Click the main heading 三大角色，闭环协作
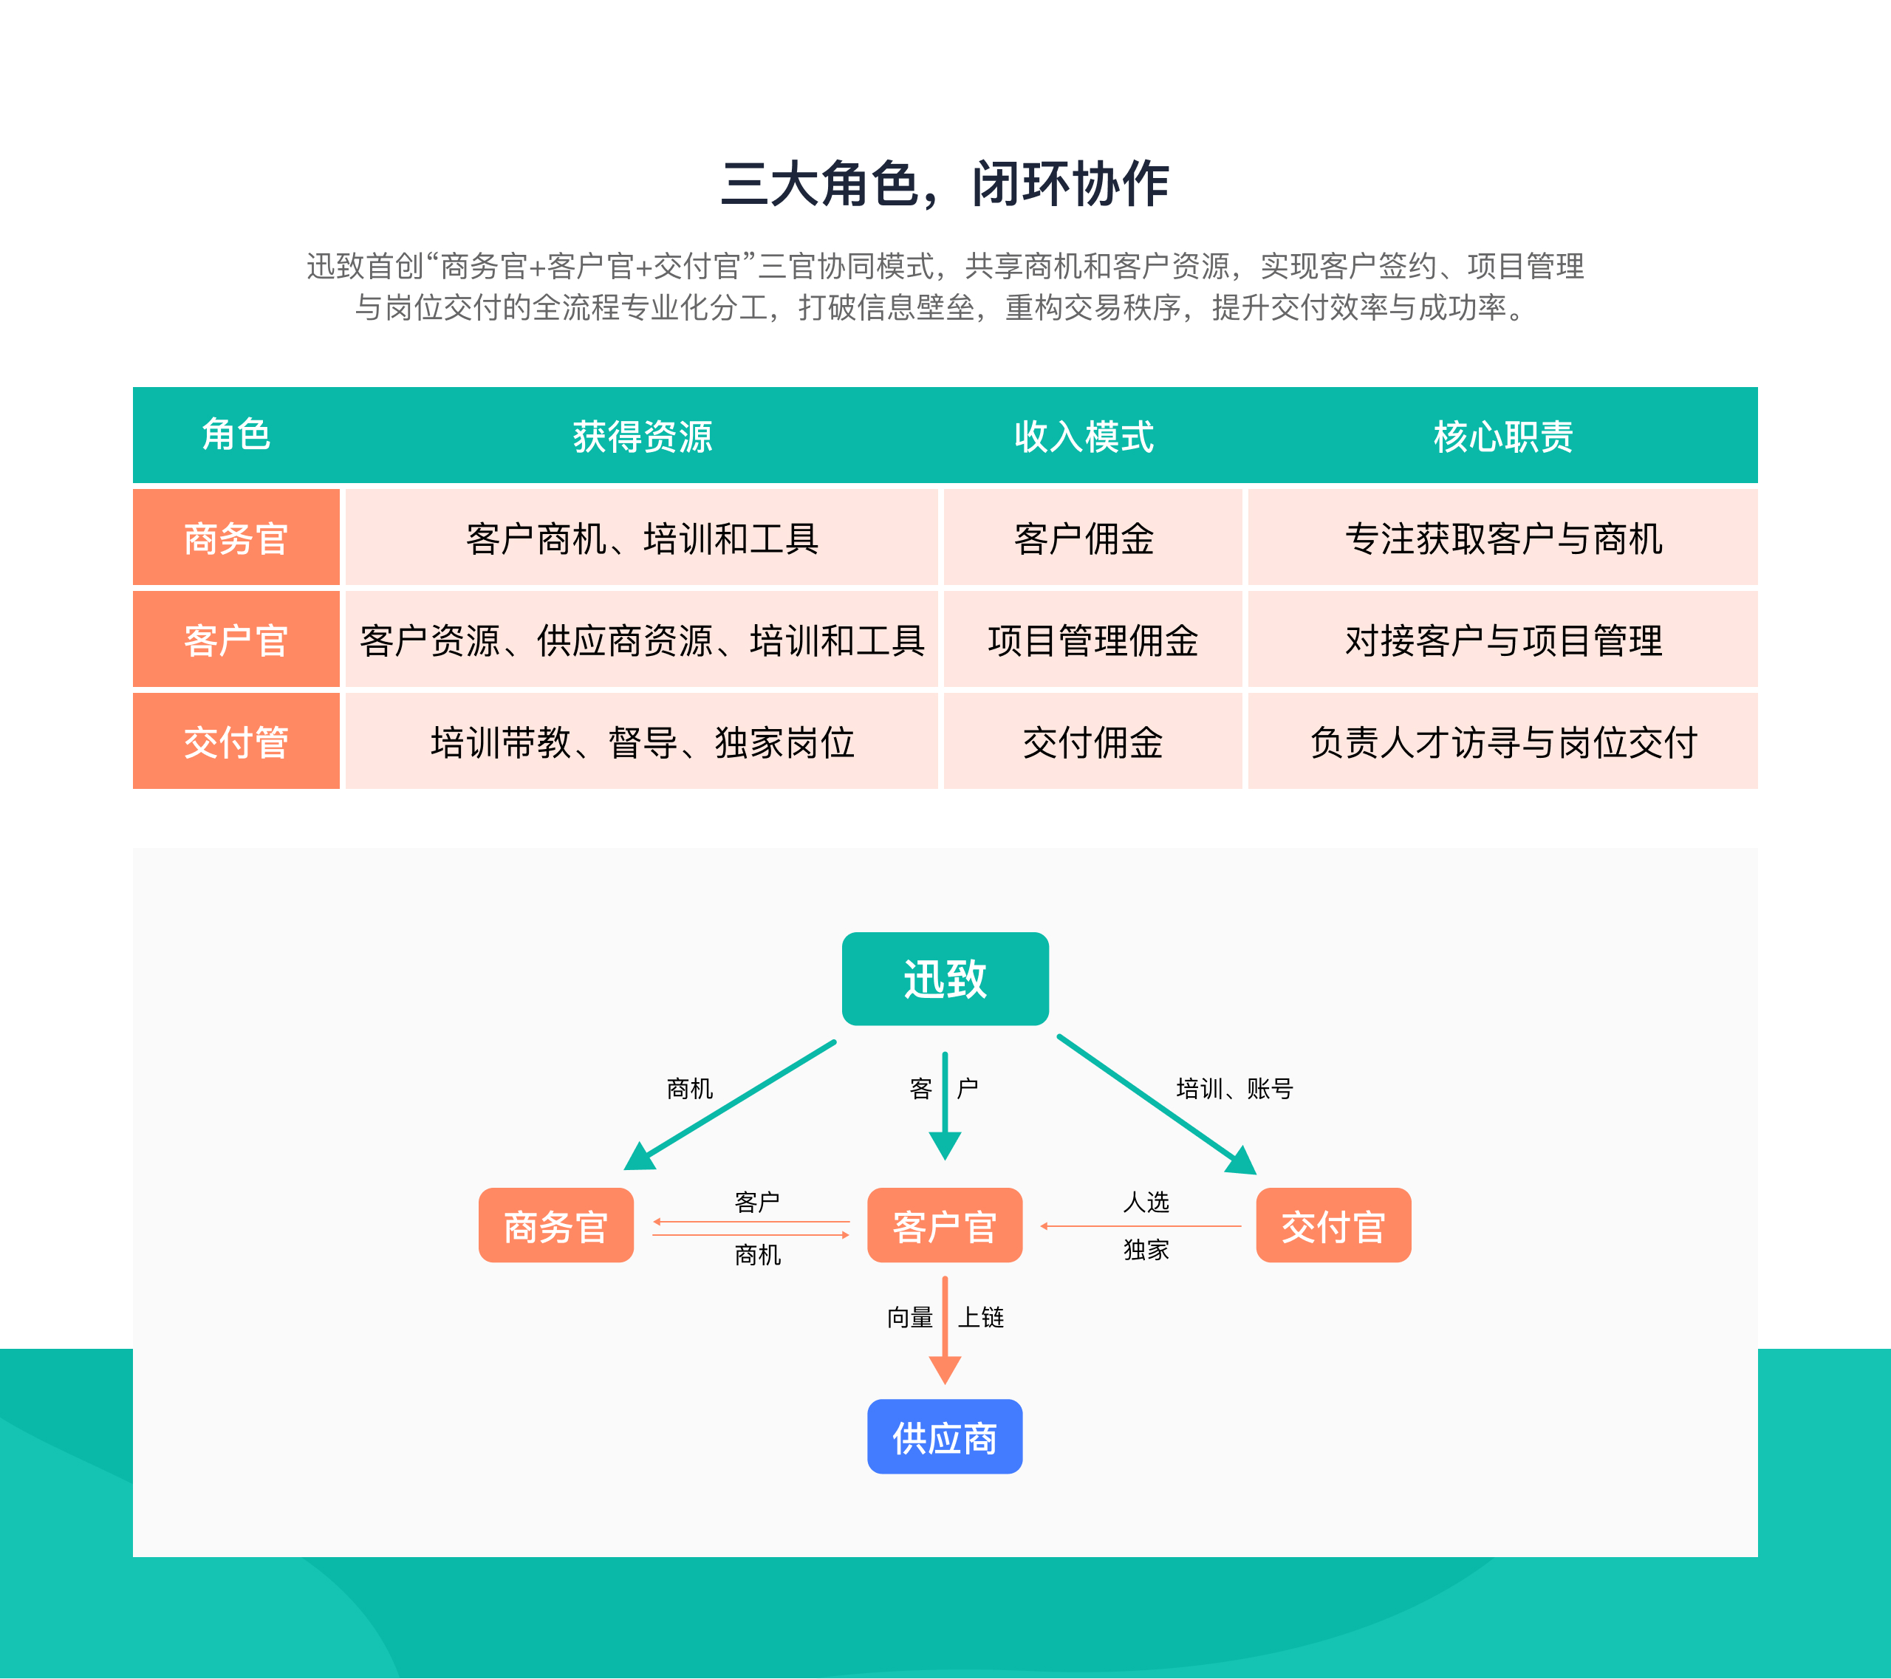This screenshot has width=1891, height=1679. (x=945, y=183)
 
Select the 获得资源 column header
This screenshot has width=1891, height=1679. (x=642, y=436)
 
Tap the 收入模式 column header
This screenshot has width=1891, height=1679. (x=1084, y=436)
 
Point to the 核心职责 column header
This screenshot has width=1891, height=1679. (x=1502, y=436)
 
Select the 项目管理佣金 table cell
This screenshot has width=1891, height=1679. (x=1092, y=640)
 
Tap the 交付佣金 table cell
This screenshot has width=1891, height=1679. (x=1092, y=742)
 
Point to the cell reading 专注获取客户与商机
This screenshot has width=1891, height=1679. (x=1502, y=538)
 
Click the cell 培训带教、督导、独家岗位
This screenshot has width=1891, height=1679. (x=642, y=742)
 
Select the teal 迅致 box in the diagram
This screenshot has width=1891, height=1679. (x=945, y=979)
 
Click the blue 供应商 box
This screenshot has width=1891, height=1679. (x=945, y=1437)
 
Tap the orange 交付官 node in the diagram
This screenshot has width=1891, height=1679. (x=1333, y=1225)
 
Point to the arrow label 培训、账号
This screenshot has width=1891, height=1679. (x=1234, y=1088)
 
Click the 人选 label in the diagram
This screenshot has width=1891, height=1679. (x=1146, y=1202)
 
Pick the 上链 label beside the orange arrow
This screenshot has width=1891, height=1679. (x=981, y=1316)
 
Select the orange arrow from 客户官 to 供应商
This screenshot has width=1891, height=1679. (x=945, y=1330)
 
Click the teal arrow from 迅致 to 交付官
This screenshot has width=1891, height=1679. (x=1157, y=1104)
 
